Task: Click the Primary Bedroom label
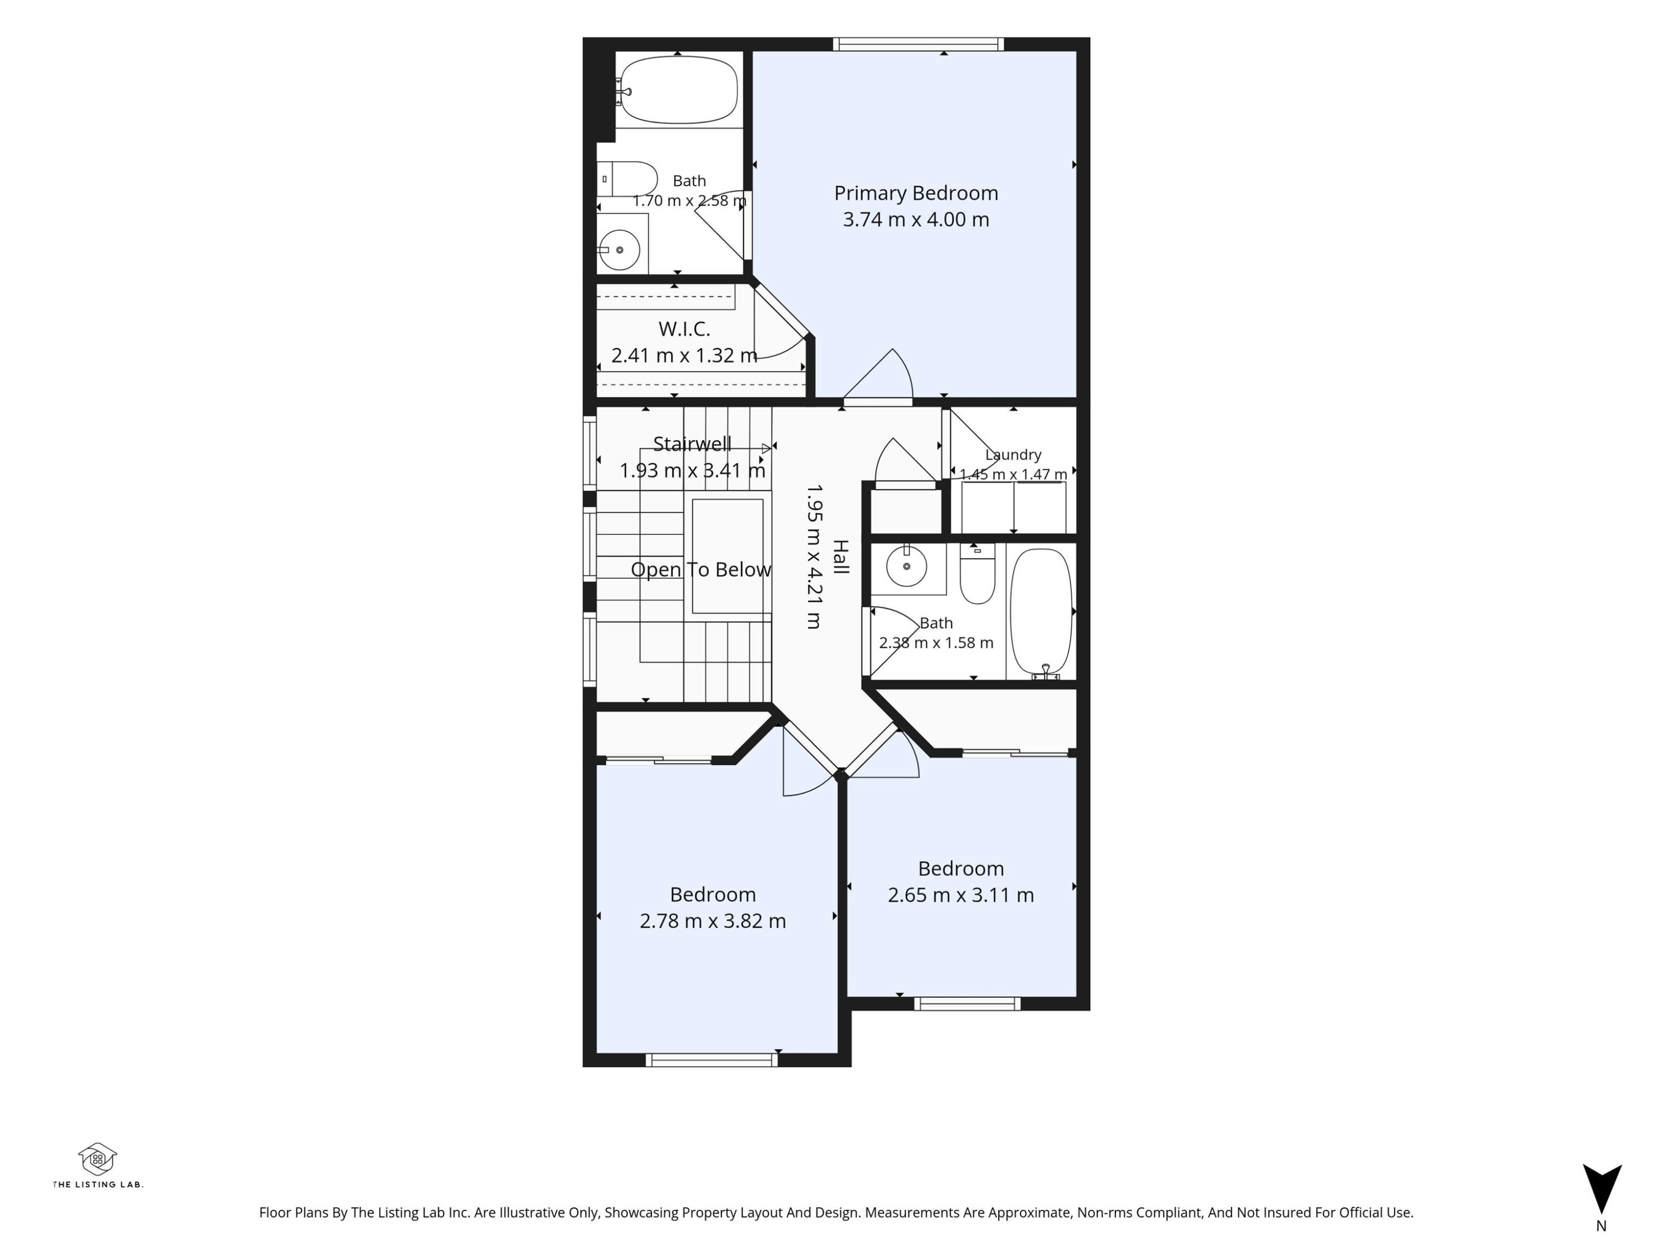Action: click(916, 194)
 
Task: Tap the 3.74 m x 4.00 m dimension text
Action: click(916, 219)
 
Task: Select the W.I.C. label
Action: click(684, 329)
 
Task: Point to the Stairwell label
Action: click(692, 443)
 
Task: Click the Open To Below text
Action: click(701, 569)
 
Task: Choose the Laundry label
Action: click(1013, 455)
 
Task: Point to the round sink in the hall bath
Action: click(907, 566)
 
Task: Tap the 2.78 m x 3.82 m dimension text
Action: click(713, 921)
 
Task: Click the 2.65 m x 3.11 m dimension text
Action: click(960, 895)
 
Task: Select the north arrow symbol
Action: click(1602, 1188)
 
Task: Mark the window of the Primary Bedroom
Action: click(918, 44)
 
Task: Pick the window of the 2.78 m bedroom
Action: click(712, 1060)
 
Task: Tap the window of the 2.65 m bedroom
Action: click(968, 1004)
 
